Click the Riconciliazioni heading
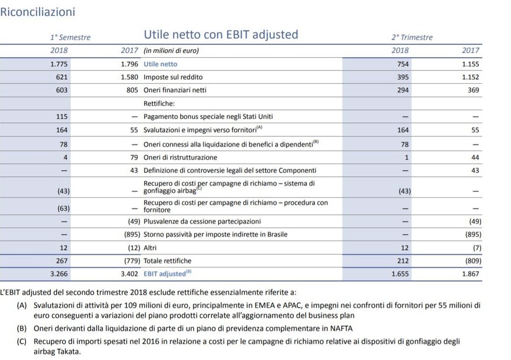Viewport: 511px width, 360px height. coord(37,12)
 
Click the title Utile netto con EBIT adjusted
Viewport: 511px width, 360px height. coord(221,35)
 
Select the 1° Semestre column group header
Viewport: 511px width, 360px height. coord(71,37)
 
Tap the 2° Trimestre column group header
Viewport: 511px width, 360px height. coord(412,37)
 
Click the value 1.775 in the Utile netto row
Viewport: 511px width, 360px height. coord(59,64)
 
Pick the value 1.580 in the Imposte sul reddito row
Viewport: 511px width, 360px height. coord(129,77)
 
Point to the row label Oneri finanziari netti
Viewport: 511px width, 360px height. coord(175,90)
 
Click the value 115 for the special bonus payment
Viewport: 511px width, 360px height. coord(62,116)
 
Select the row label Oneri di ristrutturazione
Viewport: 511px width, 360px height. coord(180,158)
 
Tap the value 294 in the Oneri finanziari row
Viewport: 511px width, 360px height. coord(403,90)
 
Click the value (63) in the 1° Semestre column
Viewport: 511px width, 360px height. coord(63,208)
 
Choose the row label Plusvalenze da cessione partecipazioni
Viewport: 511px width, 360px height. coord(202,222)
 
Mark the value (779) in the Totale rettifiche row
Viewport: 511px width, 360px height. coord(132,261)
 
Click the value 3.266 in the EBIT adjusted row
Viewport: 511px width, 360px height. coord(59,274)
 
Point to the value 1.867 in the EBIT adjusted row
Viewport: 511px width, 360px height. coord(471,274)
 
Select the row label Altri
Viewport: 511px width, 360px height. coord(150,248)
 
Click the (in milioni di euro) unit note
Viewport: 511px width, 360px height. coord(171,51)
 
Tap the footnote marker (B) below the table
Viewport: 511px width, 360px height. coord(22,328)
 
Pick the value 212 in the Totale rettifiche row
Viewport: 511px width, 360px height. coord(403,261)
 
